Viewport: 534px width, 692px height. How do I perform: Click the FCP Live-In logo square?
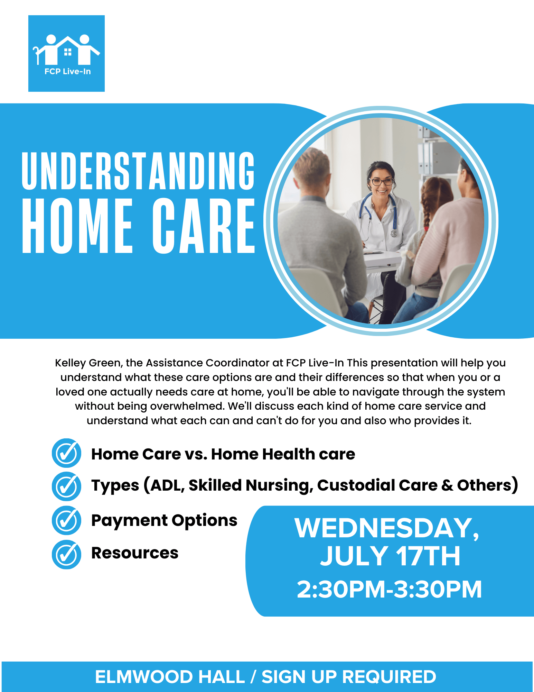pos(66,53)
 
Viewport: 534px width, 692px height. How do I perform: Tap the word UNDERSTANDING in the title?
pos(138,171)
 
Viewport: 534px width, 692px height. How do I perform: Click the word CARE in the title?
pos(204,226)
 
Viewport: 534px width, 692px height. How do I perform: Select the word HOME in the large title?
pos(77,226)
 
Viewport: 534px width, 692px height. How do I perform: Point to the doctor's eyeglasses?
pos(381,181)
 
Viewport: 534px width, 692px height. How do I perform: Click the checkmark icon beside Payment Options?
pos(66,520)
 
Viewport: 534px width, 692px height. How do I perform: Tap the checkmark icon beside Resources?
pos(66,554)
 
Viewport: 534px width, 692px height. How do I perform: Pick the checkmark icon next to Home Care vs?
pos(66,453)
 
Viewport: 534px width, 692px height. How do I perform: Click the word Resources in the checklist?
pos(135,553)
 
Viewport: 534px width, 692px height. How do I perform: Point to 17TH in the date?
pos(428,556)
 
